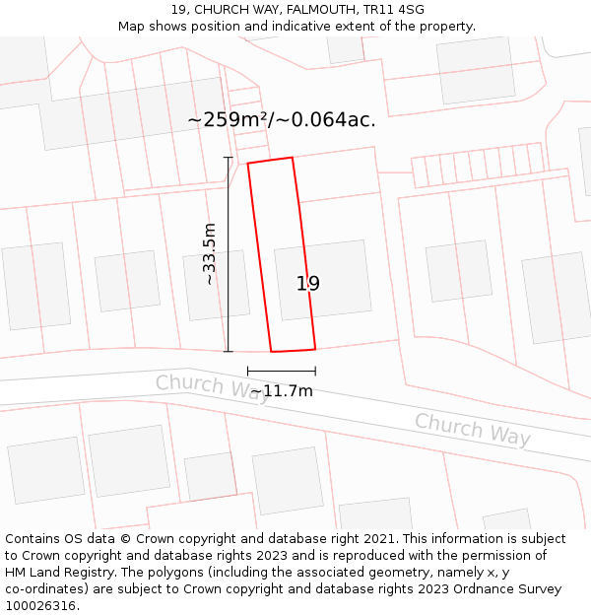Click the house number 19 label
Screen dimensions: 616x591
308,284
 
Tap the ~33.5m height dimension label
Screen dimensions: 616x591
209,253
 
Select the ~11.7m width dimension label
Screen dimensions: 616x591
282,391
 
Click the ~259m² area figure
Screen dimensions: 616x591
230,120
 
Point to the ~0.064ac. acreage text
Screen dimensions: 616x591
327,120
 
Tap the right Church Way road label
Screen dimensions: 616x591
472,430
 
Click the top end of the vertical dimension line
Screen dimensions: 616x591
229,157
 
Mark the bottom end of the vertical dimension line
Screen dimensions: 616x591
229,351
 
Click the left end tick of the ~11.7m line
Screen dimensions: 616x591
247,372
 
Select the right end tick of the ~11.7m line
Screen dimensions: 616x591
315,372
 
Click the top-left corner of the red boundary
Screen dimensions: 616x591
247,163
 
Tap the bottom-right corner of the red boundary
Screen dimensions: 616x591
315,349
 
